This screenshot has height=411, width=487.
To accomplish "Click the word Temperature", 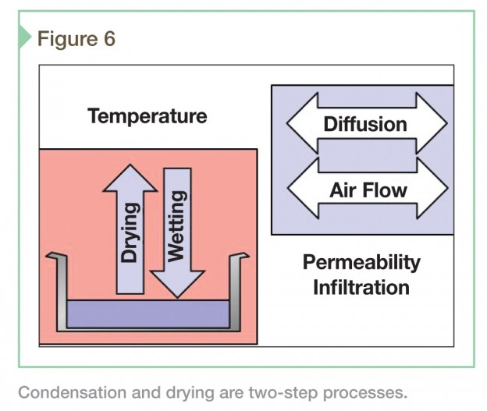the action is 148,117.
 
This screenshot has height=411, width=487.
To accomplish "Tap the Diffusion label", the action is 365,124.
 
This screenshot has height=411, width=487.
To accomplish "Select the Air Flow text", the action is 368,190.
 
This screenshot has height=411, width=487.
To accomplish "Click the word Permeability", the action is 361,263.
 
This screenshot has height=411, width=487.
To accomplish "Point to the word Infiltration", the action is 361,288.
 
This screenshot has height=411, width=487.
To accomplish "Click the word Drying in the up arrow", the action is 129,232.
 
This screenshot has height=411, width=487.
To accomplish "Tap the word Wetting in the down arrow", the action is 176,226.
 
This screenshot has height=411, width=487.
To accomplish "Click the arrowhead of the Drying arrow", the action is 130,178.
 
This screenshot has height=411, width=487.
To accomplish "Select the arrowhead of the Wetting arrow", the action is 177,284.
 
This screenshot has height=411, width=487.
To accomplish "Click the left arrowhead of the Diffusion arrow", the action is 303,123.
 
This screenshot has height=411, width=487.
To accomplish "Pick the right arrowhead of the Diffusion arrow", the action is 432,123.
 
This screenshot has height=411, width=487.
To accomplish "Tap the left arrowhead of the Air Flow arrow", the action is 304,188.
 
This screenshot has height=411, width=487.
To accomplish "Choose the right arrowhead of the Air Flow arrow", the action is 432,188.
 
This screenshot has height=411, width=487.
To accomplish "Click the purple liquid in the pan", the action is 148,314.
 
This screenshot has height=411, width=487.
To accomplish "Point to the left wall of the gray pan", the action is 61,292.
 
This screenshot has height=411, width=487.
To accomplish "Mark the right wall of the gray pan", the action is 235,292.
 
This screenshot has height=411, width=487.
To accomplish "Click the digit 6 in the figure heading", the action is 109,39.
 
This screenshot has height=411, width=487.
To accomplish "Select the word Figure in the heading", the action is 67,40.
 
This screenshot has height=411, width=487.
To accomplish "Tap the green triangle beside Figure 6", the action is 25,37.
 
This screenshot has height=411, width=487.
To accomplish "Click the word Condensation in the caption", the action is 73,392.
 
